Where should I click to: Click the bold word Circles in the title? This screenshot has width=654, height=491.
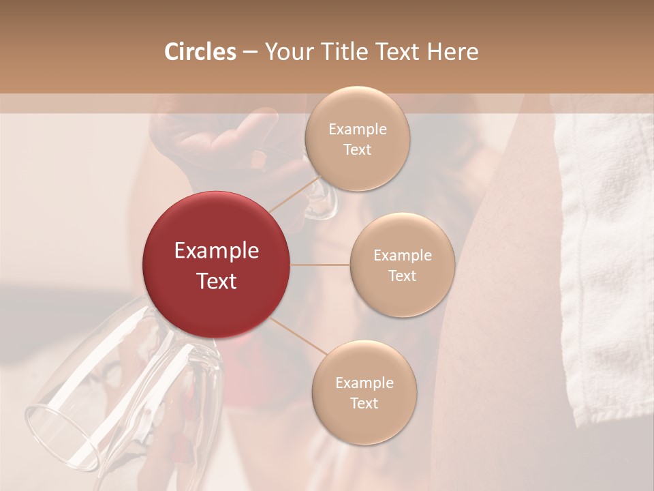coord(200,51)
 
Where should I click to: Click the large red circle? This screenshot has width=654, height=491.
coord(216,265)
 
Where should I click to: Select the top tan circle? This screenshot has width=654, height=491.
coord(357,138)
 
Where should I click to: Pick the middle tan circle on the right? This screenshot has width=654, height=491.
coord(402,265)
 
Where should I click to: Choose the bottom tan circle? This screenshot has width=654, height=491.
coord(364,392)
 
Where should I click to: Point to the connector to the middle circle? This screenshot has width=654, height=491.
coord(320,265)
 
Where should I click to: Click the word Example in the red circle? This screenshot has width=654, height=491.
coord(216,251)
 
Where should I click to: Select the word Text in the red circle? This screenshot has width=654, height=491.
coord(216,280)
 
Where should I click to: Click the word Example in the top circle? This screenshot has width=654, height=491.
coord(357,129)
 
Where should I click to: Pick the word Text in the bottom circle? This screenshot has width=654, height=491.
coord(364,403)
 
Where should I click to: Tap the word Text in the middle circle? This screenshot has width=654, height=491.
coord(402,276)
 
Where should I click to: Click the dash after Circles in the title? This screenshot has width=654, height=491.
coord(250,53)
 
